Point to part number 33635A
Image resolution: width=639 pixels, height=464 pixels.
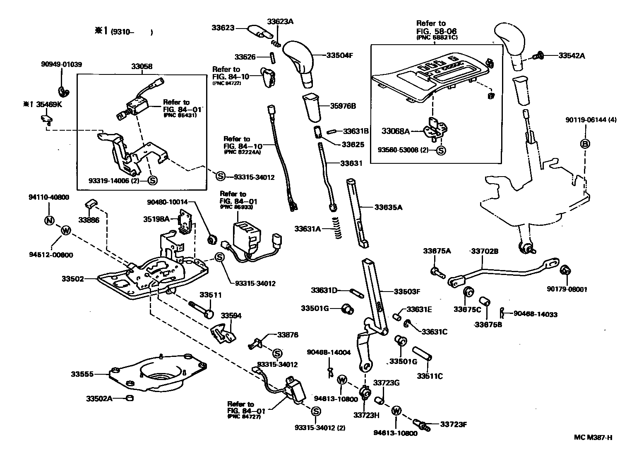pos(388,207)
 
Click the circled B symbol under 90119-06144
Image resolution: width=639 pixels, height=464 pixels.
pos(586,144)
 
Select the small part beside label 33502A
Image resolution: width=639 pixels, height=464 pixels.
pos(129,398)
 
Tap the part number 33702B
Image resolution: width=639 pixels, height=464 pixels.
pos(485,251)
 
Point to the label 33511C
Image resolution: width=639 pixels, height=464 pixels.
pos(430,376)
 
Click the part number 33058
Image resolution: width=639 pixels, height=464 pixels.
pos(142,66)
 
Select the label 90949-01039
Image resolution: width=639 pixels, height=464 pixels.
pos(61,64)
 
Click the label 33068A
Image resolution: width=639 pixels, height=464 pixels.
pos(395,132)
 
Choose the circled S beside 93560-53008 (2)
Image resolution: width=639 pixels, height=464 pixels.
pos(441,151)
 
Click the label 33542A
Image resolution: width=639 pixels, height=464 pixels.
pos(572,55)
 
